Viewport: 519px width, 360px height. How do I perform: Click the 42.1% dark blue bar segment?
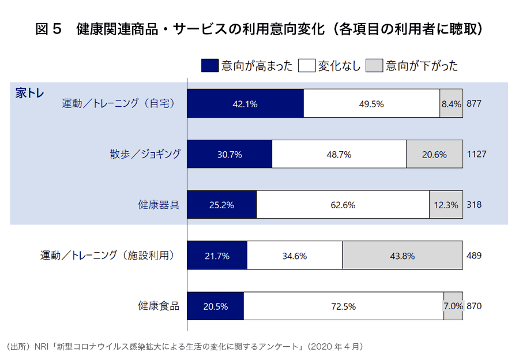point(245,104)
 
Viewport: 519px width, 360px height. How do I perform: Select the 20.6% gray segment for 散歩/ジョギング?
point(434,154)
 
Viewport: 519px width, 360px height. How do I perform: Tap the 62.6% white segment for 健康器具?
point(343,205)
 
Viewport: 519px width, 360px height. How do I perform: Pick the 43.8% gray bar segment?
point(402,256)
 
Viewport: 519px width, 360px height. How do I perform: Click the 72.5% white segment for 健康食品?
point(343,306)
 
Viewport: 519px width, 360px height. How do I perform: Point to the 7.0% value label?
point(453,306)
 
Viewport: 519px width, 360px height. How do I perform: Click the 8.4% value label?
point(451,104)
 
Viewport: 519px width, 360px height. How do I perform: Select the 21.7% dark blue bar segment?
point(217,256)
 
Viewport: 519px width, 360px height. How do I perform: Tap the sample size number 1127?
point(477,154)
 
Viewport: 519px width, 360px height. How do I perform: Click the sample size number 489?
point(474,256)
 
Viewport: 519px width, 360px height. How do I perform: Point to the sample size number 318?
point(474,205)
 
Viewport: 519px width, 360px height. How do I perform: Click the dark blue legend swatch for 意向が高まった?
point(210,65)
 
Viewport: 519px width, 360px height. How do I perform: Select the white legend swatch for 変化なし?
point(306,65)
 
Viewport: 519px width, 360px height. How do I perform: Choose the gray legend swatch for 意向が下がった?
point(375,65)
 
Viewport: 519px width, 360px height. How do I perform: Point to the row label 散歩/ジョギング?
point(145,154)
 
